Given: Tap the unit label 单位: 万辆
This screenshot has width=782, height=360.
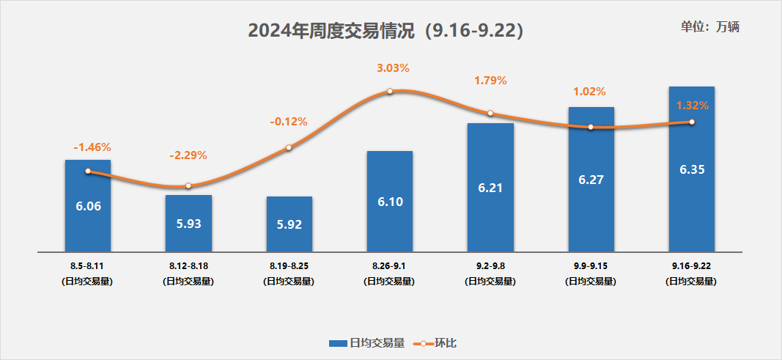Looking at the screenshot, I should [710, 27].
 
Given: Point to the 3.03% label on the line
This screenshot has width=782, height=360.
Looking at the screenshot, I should [393, 68].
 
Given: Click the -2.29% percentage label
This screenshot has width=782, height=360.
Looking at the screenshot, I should [188, 155].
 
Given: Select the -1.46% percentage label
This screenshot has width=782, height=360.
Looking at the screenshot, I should [92, 147].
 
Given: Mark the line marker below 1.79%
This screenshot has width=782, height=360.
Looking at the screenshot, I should [490, 113].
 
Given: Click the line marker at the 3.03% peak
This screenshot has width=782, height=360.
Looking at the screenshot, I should [390, 91].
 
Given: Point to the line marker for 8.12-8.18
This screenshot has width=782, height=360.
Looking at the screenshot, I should [188, 186].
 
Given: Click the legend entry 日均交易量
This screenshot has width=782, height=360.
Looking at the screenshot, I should [366, 342].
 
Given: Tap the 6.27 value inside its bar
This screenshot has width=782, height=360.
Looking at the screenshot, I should [591, 180].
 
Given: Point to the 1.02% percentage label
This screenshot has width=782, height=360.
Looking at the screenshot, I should [589, 92].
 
